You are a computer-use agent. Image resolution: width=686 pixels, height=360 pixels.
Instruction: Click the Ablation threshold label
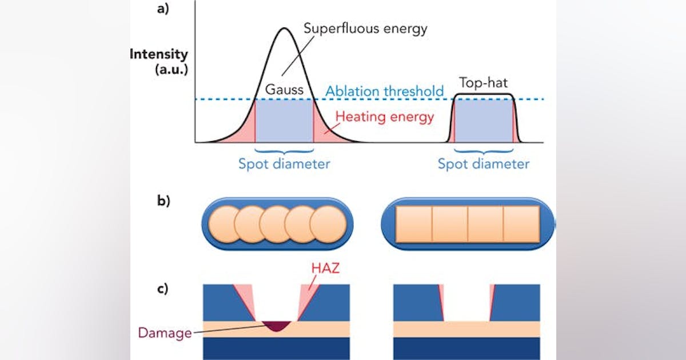tap(385, 91)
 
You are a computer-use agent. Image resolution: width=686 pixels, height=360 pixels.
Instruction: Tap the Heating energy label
tap(385, 117)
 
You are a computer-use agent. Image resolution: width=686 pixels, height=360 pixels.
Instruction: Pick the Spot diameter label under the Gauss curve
tap(284, 164)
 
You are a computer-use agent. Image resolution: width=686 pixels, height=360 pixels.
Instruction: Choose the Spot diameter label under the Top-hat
tap(484, 164)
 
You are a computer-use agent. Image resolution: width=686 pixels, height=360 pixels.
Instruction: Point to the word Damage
tap(164, 333)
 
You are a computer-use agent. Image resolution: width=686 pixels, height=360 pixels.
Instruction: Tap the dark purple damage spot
tap(276, 326)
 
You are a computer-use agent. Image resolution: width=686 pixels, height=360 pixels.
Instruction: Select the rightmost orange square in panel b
tap(521, 223)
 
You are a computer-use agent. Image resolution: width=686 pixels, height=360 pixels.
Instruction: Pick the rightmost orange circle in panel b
tap(329, 223)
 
